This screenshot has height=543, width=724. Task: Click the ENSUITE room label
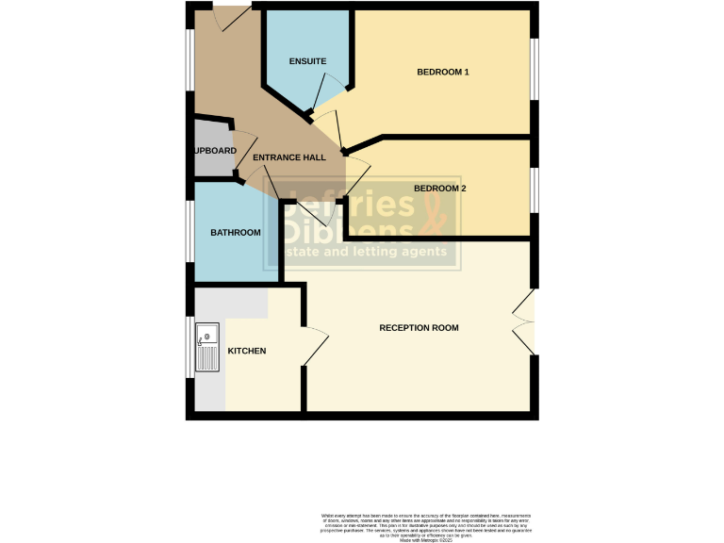308,61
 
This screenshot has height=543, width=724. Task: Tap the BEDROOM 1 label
443,72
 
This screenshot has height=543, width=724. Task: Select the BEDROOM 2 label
440,189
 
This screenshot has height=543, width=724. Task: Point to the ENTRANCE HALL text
295,157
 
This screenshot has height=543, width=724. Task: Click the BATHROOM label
236,232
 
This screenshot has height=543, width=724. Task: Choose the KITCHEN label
247,351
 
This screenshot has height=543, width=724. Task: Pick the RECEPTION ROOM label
419,328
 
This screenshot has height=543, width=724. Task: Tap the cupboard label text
214,150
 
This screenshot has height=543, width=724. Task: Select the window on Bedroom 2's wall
534,188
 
